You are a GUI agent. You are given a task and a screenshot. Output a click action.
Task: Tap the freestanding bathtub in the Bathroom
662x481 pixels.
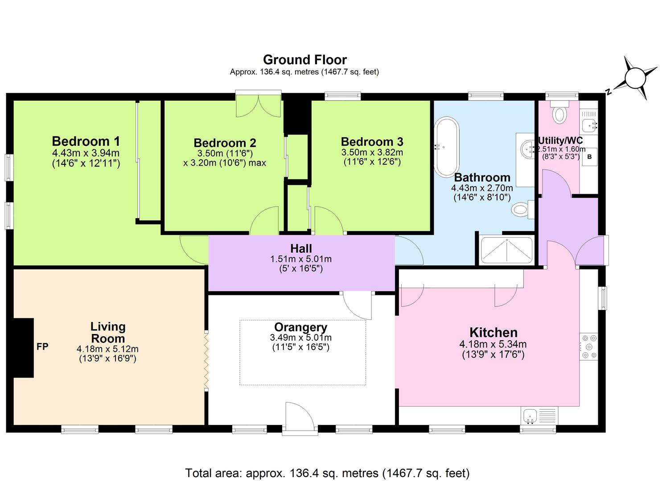(447, 147)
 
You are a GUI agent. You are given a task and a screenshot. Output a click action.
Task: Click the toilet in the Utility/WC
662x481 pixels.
(559, 113)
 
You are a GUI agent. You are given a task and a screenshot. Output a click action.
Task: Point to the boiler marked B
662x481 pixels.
(589, 157)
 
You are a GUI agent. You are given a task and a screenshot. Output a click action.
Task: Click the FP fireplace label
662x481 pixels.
(42, 346)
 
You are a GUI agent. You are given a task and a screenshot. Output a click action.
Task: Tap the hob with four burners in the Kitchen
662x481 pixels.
(588, 346)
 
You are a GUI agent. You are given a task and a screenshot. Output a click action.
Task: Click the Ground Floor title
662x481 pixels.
(304, 60)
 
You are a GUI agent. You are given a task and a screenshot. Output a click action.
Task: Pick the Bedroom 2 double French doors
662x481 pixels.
(259, 106)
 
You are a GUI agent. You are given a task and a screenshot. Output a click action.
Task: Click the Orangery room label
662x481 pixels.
(300, 328)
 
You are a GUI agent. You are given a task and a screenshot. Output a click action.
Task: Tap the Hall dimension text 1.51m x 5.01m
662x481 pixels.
(300, 259)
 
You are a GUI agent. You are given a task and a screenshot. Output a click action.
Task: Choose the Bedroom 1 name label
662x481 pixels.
(86, 141)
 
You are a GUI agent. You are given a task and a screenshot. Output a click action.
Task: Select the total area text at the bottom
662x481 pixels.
(327, 473)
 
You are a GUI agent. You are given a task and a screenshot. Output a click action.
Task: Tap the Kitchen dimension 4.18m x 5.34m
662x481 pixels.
(493, 344)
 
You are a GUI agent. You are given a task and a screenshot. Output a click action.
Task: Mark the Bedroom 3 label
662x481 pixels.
(372, 142)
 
